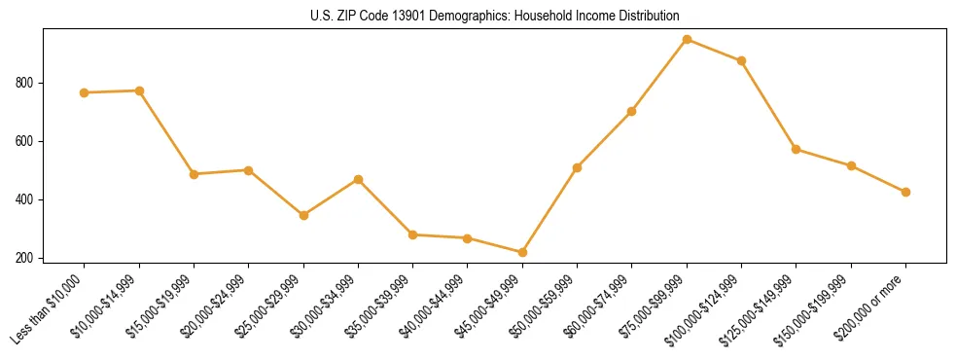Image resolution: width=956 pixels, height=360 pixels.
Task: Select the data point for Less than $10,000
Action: pos(85,92)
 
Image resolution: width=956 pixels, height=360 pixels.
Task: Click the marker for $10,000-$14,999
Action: pos(139,90)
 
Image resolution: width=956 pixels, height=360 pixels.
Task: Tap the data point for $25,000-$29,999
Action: pos(303,215)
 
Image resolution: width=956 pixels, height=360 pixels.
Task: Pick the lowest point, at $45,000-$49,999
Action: pos(522,252)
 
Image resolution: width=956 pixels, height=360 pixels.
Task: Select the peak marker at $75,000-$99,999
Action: pos(687,40)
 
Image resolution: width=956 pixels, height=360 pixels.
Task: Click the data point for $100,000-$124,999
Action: pos(741,60)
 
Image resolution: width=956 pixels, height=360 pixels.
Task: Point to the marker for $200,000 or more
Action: pos(905,192)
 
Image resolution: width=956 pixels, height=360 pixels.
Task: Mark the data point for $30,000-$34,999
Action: pos(358,179)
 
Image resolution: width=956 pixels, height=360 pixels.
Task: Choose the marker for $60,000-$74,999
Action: pos(632,111)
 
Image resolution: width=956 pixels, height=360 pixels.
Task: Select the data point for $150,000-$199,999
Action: pos(851,166)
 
